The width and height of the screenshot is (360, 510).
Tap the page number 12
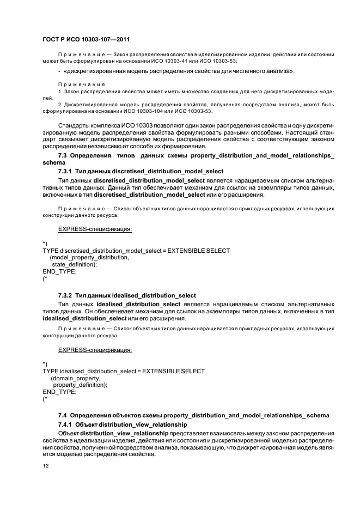click(46, 466)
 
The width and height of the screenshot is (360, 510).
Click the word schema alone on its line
click(53, 162)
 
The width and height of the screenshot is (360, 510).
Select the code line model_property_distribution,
click(89, 257)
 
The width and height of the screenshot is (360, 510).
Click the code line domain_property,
click(76, 378)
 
